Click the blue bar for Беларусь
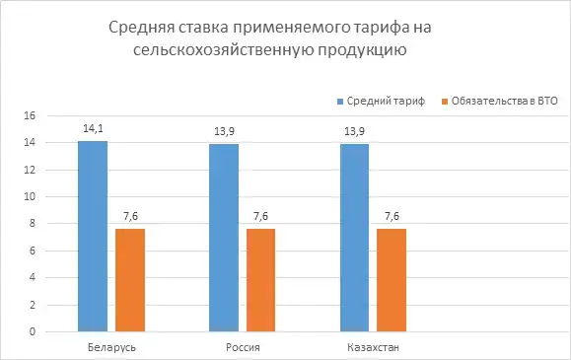(x=92, y=237)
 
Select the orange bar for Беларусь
(x=129, y=280)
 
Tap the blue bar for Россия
(x=223, y=238)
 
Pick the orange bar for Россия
(x=260, y=280)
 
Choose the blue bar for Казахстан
(x=354, y=238)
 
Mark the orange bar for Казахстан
(x=392, y=280)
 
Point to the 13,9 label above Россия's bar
(x=223, y=129)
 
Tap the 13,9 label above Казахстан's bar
(x=354, y=129)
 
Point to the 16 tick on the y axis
(x=30, y=115)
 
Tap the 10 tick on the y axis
(x=30, y=196)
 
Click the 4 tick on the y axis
(x=33, y=278)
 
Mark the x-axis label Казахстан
(x=373, y=348)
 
